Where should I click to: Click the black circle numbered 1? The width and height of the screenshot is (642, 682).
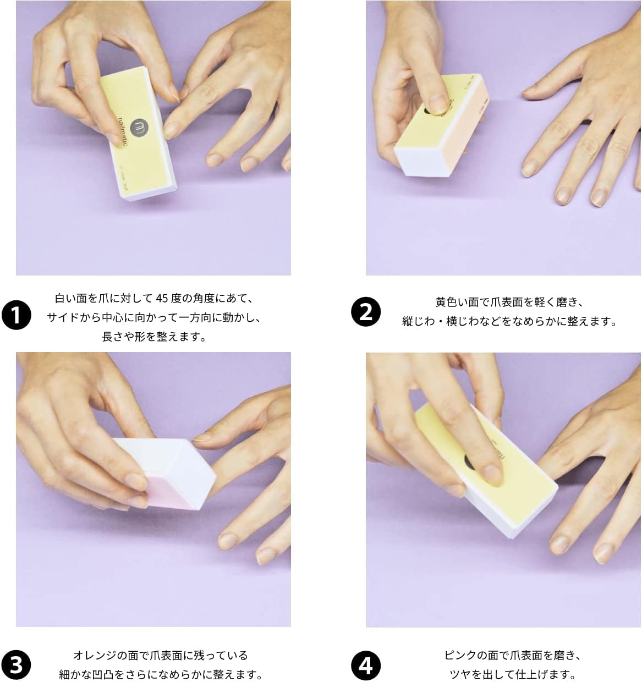coord(17,316)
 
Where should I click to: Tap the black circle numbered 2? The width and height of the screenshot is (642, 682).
coord(366,311)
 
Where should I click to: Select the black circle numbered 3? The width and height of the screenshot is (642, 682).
coord(17,664)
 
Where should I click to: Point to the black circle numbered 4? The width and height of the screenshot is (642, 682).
coord(366,664)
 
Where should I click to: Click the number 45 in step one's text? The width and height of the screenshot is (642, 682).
coord(162,299)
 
